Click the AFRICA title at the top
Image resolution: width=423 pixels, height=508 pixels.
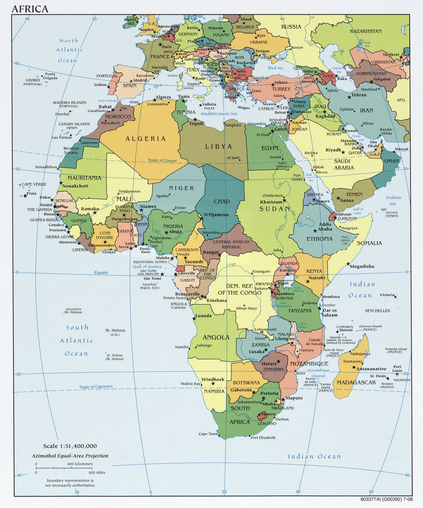30,9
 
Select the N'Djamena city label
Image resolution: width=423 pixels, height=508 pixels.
216,215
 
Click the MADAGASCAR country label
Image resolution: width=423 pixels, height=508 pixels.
356,382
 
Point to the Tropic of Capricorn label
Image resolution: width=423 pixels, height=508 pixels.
96,386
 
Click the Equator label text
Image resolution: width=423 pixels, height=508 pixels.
101,272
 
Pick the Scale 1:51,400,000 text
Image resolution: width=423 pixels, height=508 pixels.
70,446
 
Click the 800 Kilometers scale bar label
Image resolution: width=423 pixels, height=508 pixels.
80,464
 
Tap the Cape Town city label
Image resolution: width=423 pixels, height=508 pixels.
208,434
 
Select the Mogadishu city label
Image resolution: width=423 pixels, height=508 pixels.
362,266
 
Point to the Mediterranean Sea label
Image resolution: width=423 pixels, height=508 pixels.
219,113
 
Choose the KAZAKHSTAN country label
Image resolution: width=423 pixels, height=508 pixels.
366,31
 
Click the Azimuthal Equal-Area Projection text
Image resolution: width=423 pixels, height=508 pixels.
70,456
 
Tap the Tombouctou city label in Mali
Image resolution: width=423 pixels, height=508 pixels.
129,191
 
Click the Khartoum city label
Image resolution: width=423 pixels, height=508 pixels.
271,202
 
